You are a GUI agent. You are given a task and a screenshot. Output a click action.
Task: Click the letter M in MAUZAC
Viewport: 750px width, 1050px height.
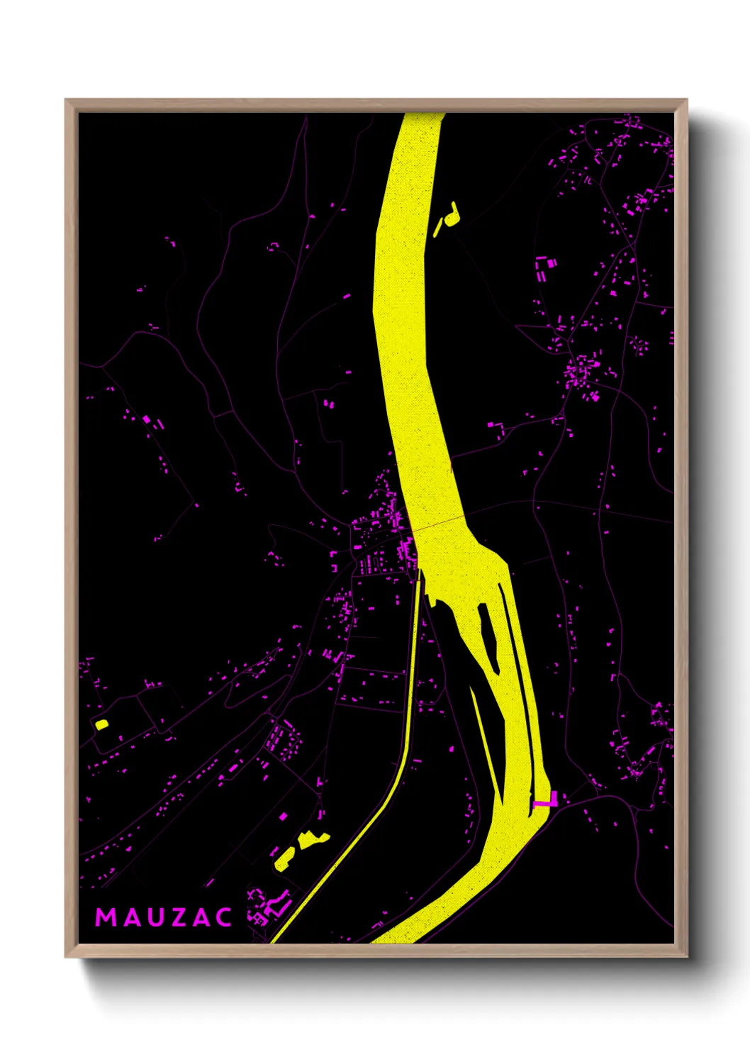[105, 917]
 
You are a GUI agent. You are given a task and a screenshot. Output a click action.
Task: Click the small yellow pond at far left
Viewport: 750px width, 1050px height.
[101, 724]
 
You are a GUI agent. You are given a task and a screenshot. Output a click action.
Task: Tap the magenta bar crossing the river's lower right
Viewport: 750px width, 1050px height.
[544, 803]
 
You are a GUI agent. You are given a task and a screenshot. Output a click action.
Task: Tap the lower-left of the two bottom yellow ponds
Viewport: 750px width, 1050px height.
[284, 858]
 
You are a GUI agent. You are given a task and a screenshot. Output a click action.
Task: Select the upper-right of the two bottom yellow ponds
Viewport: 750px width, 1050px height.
[312, 840]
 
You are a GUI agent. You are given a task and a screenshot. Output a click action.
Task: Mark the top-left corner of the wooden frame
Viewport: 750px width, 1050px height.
[65, 100]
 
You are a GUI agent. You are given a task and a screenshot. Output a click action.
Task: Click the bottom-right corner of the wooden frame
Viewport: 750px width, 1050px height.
[687, 957]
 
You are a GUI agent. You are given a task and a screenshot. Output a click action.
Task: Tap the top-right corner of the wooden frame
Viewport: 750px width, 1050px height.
[687, 100]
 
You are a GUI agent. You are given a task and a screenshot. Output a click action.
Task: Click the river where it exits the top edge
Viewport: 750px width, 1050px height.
[422, 116]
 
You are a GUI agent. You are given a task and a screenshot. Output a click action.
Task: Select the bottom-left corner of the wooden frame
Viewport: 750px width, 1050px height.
[65, 957]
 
